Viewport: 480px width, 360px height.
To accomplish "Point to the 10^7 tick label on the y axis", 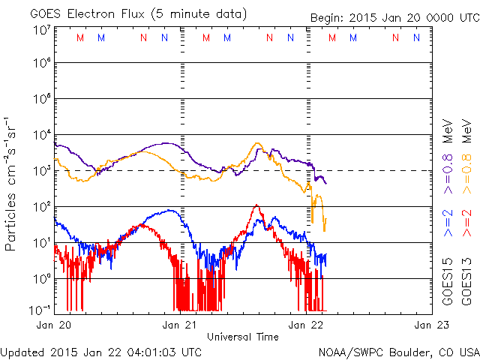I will [x=40, y=29].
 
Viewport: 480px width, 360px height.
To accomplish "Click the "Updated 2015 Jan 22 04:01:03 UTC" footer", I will [x=101, y=351].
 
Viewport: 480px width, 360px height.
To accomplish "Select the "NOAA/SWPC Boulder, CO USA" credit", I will [x=398, y=351].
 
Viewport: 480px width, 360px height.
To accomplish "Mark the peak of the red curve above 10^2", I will [x=257, y=205].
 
